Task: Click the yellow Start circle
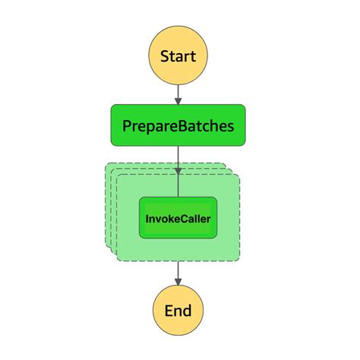(x=178, y=56)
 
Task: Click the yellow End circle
(x=178, y=310)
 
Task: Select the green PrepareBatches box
(x=178, y=125)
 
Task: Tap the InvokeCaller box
(x=178, y=217)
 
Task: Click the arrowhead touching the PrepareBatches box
(x=178, y=100)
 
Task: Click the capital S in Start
(x=164, y=56)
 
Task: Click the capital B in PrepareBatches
(x=181, y=125)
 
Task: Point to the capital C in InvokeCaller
(x=183, y=218)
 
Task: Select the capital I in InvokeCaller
(x=148, y=218)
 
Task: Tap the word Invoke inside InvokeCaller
(x=163, y=218)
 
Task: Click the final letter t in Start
(x=194, y=56)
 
